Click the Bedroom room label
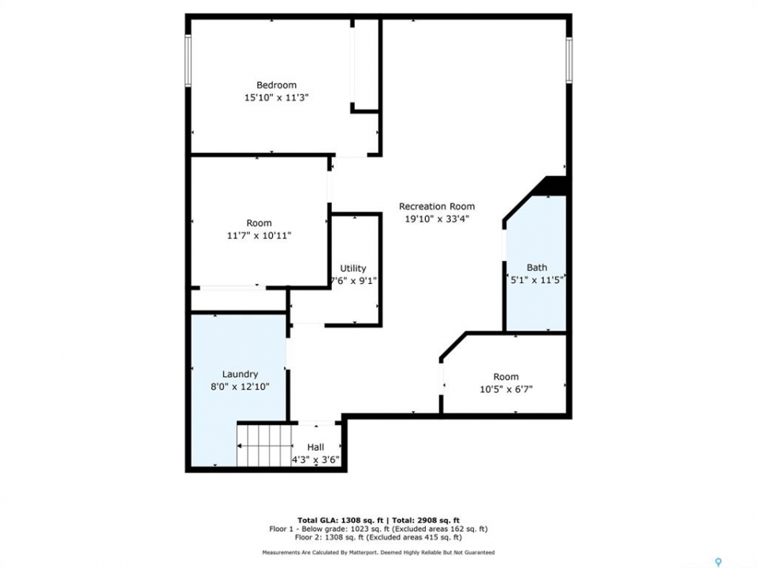[x=276, y=85]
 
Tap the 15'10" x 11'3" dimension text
[x=276, y=98]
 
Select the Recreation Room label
[x=436, y=206]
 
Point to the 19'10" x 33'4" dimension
[x=436, y=219]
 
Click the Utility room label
[x=353, y=268]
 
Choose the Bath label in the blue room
[x=537, y=267]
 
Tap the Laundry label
[x=240, y=374]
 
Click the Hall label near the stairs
[x=315, y=447]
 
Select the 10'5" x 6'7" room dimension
[x=506, y=389]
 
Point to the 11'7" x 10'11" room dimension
[x=259, y=236]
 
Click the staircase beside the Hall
[x=265, y=445]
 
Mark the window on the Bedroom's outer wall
[x=188, y=61]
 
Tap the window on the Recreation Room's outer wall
[x=569, y=60]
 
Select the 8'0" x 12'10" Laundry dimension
[x=240, y=387]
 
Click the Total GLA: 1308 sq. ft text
[x=341, y=520]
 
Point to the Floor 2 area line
[x=378, y=537]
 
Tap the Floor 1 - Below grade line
[x=378, y=529]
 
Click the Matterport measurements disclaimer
[x=378, y=552]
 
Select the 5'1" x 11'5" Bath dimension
[x=537, y=279]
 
